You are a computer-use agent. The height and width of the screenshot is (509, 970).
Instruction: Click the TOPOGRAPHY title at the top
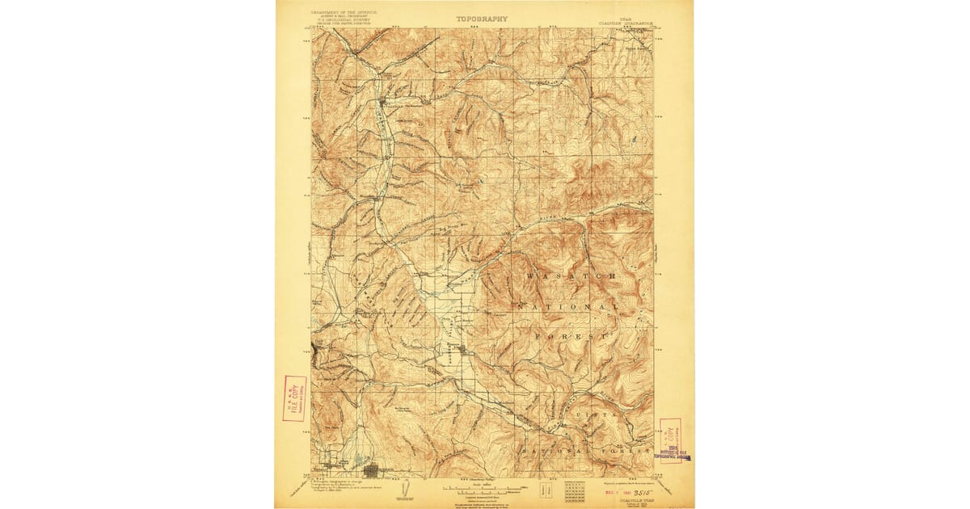coord(483,18)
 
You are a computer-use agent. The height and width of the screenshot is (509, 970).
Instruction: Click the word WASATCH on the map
coord(571,276)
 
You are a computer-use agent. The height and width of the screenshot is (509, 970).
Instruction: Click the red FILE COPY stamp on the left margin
coord(294,398)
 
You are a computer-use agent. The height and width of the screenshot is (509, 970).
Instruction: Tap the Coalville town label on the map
coord(392,104)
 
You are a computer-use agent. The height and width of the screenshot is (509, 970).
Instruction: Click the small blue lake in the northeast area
coord(635,139)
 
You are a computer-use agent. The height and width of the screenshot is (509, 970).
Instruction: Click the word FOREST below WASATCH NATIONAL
coord(571,334)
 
